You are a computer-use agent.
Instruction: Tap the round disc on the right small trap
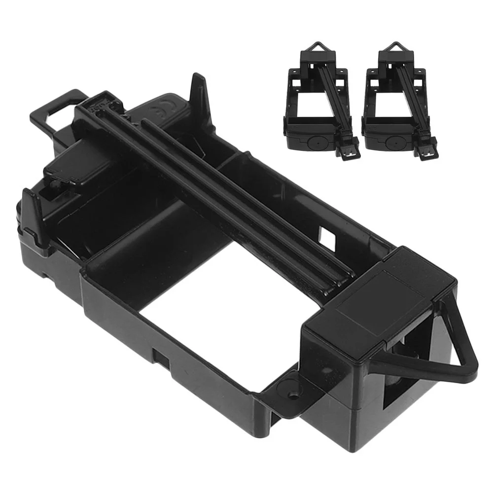(393, 142)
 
